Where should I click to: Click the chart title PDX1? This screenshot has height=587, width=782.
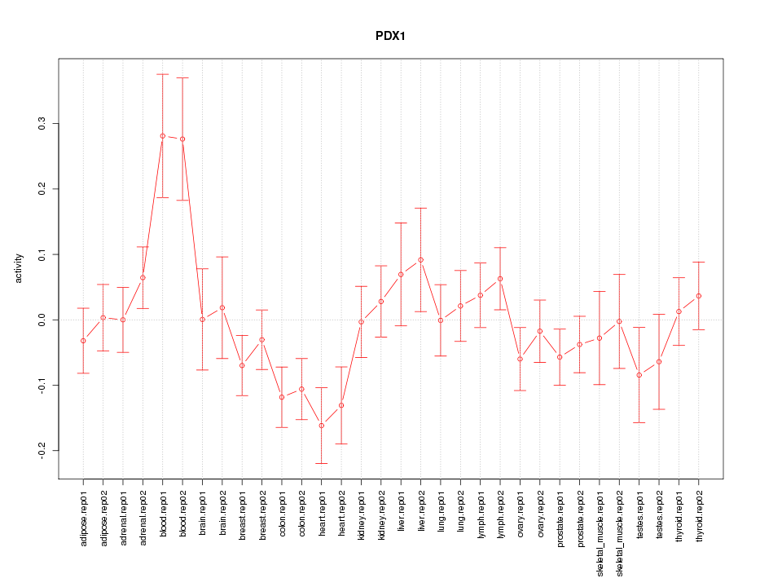[391, 37]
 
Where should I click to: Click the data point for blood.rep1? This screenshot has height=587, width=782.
[162, 136]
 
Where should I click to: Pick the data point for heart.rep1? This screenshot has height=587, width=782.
[322, 426]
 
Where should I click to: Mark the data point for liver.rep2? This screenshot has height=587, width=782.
[421, 260]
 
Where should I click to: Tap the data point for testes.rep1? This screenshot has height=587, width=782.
[639, 375]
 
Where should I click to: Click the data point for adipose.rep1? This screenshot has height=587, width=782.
[83, 341]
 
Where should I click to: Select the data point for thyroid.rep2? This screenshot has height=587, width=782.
[699, 296]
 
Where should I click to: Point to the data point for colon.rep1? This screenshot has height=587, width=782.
[282, 397]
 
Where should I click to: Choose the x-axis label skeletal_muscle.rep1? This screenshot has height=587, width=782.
[600, 530]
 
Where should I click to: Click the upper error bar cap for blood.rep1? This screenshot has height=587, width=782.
[162, 74]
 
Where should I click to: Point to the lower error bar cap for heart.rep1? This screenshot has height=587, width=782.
[322, 463]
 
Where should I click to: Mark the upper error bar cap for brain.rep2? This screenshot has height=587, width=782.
[222, 257]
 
